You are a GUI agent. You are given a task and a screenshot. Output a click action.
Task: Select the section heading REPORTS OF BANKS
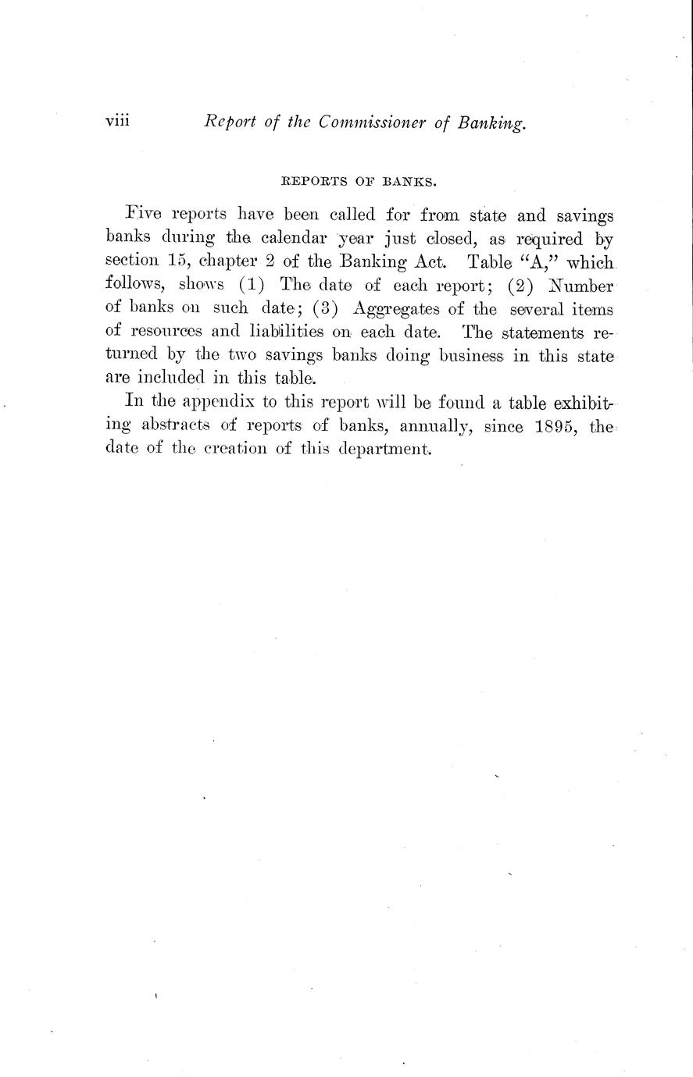(x=358, y=183)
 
